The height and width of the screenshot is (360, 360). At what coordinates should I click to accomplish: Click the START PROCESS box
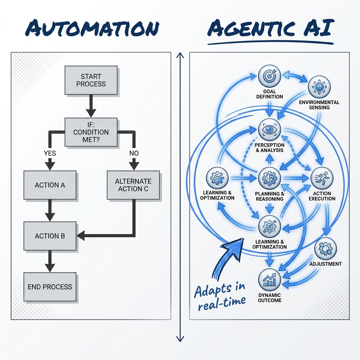(x=91, y=80)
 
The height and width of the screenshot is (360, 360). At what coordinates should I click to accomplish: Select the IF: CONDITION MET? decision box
(x=91, y=132)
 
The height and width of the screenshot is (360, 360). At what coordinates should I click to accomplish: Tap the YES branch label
(x=50, y=153)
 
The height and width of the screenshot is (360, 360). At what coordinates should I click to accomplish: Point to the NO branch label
(x=134, y=153)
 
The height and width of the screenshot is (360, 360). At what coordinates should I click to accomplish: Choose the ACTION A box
(x=50, y=185)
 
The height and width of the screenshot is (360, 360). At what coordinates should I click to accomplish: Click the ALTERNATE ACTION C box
(x=133, y=185)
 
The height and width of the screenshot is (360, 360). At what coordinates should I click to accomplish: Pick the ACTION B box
(x=50, y=236)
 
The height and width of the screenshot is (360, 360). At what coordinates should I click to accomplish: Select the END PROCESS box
(x=50, y=287)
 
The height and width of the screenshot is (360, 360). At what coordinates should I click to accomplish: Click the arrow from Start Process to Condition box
(x=91, y=106)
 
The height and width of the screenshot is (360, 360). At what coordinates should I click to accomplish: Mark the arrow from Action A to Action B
(x=50, y=211)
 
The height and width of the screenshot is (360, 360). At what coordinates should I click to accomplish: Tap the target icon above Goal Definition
(x=269, y=76)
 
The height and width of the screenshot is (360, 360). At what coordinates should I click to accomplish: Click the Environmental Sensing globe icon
(x=319, y=87)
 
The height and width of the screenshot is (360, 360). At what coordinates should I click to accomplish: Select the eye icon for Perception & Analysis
(x=269, y=130)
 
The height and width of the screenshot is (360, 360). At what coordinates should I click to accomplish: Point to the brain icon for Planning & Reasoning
(x=269, y=178)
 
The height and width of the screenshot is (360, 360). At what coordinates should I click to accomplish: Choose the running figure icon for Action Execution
(x=322, y=178)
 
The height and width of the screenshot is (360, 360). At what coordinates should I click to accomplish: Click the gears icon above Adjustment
(x=326, y=249)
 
